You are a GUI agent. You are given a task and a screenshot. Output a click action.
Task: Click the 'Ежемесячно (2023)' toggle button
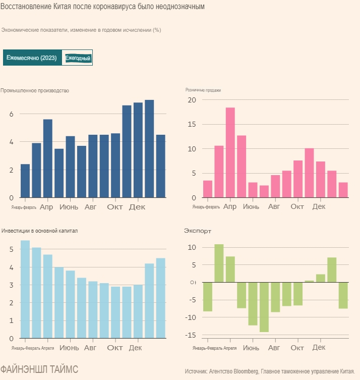pyautogui.click(x=32, y=58)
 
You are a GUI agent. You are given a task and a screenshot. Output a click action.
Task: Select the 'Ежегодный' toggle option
pyautogui.click(x=78, y=58)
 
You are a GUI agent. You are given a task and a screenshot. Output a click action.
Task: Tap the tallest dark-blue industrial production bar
pyautogui.click(x=149, y=148)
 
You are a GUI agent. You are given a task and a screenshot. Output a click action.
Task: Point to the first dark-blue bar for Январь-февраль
pyautogui.click(x=25, y=181)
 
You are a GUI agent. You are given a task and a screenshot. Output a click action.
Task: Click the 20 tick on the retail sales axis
pyautogui.click(x=192, y=100)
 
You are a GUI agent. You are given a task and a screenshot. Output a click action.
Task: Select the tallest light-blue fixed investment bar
pyautogui.click(x=25, y=289)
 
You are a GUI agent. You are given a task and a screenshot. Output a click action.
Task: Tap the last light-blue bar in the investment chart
pyautogui.click(x=160, y=298)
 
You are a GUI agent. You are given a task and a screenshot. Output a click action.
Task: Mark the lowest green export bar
pyautogui.click(x=264, y=307)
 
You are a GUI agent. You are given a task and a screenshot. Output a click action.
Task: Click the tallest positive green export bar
pyautogui.click(x=219, y=263)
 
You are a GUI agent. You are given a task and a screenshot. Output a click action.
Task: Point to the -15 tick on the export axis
pyautogui.click(x=191, y=335)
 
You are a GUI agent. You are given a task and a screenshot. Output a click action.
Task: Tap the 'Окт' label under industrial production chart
pyautogui.click(x=115, y=207)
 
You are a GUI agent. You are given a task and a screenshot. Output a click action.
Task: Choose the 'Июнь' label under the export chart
pyautogui.click(x=251, y=348)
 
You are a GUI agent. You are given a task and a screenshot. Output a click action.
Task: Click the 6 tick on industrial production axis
pyautogui.click(x=11, y=114)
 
